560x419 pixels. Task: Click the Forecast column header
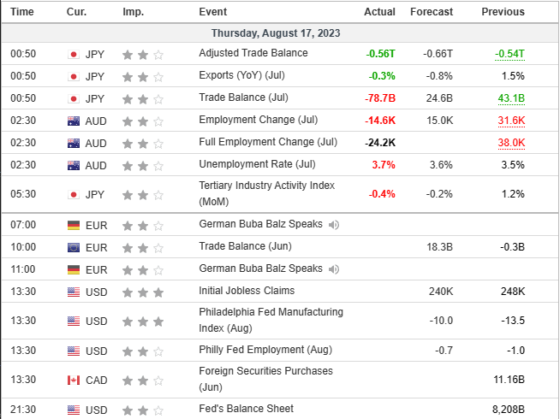pyautogui.click(x=432, y=12)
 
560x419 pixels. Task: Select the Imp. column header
pyautogui.click(x=133, y=12)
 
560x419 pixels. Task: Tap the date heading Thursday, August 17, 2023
pyautogui.click(x=279, y=32)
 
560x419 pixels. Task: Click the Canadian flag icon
pyautogui.click(x=74, y=380)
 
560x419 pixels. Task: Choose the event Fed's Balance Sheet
pyautogui.click(x=246, y=409)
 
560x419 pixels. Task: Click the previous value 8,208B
pyautogui.click(x=506, y=409)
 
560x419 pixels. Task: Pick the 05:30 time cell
pyautogui.click(x=22, y=194)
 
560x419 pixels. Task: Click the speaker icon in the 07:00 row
pyautogui.click(x=333, y=225)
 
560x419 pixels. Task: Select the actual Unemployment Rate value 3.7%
pyautogui.click(x=382, y=165)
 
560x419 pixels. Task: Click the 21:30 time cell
pyautogui.click(x=22, y=409)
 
